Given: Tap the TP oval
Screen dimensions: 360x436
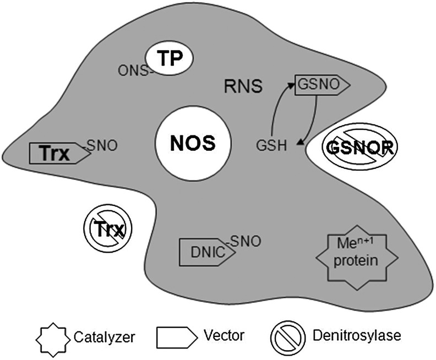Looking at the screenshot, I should pyautogui.click(x=170, y=59).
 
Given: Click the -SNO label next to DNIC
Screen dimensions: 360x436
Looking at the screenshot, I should pyautogui.click(x=244, y=241).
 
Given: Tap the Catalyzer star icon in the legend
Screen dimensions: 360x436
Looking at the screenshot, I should pyautogui.click(x=54, y=336).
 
